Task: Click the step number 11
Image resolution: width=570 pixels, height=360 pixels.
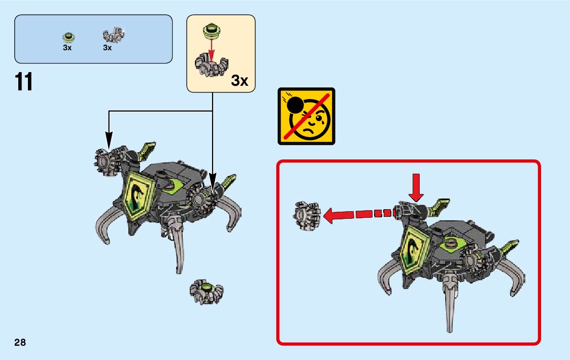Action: pos(24,82)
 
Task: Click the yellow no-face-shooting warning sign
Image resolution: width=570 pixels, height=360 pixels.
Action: pos(307,116)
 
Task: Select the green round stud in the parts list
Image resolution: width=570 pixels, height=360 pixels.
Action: pos(68,36)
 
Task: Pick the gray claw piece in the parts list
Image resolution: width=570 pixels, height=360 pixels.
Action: pos(114,36)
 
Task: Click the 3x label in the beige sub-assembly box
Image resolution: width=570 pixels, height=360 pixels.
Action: pos(240,80)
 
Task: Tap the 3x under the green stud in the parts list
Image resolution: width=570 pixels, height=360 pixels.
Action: pos(68,48)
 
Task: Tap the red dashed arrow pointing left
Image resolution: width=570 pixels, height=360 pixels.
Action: pos(360,214)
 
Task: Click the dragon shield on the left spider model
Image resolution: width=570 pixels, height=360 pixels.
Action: pos(138,197)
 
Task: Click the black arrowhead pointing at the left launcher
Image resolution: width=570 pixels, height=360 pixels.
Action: pos(108,138)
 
